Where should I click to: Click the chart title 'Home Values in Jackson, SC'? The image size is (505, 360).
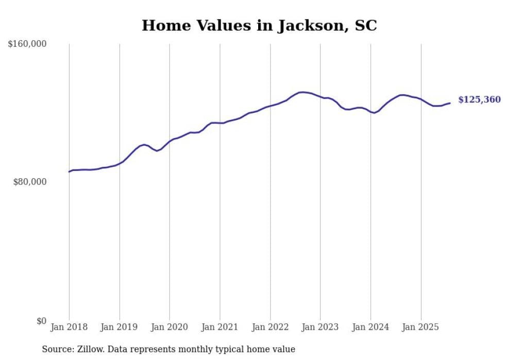point(259,25)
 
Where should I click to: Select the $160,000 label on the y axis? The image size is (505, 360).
point(27,44)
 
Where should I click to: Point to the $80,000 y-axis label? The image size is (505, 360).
point(30,182)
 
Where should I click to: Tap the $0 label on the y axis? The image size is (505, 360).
point(41,321)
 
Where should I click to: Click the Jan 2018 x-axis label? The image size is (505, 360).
point(69,327)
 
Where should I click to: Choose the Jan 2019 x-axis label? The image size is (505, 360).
point(120,327)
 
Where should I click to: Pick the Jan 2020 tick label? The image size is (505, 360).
point(170,327)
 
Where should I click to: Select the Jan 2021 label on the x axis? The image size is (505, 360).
point(220,327)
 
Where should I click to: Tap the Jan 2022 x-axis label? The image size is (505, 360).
point(270,327)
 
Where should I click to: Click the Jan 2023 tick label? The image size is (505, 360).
point(321,327)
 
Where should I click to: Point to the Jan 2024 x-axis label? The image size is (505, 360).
point(371,327)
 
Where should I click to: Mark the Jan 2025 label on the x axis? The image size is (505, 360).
point(421,327)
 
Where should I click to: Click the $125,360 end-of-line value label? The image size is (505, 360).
point(479,100)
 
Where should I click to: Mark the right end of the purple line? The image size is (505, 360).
point(450,103)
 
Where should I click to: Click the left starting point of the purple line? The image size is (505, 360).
point(69,172)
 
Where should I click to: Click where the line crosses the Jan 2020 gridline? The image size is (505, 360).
point(170,141)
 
